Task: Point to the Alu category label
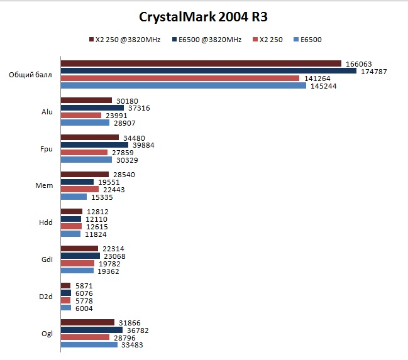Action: click(47, 111)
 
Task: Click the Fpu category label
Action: click(47, 148)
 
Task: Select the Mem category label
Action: click(46, 185)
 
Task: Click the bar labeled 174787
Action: click(208, 71)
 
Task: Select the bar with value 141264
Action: click(180, 78)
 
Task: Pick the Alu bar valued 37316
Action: click(92, 108)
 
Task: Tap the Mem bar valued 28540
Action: click(85, 175)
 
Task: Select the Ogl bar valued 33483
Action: click(89, 344)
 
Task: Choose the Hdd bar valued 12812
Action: click(71, 212)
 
